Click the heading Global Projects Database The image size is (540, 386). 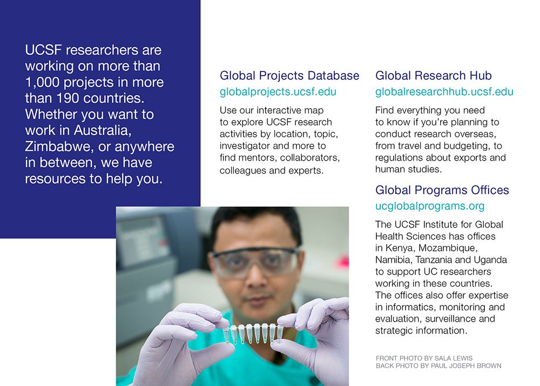click(x=289, y=76)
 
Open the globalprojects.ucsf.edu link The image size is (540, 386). click(x=278, y=92)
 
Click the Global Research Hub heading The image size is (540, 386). click(x=434, y=76)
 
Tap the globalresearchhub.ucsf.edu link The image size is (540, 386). click(x=444, y=92)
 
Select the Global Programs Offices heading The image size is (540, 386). click(x=442, y=190)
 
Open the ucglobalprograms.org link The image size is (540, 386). click(x=430, y=206)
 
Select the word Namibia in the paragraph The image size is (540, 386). click(x=393, y=260)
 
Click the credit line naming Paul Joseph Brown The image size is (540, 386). click(x=438, y=366)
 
